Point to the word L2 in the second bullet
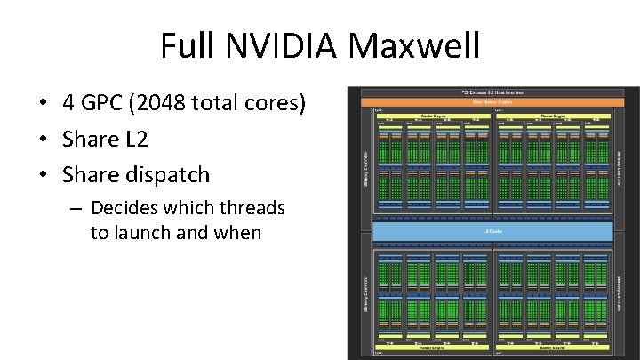132,140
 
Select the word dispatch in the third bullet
168,174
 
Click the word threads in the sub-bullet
253,208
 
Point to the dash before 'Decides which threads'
76,209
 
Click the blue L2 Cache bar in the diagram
492,231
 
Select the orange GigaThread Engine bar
492,101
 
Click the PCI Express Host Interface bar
492,92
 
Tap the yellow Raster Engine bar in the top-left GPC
432,116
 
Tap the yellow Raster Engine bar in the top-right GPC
553,116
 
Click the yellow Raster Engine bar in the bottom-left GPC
432,348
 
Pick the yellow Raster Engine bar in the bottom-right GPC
553,348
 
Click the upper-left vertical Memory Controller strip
365,164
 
